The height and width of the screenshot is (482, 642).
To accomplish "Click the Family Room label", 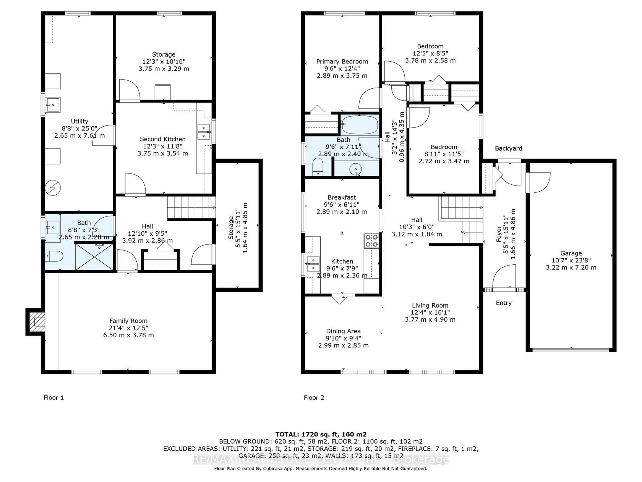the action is [x=128, y=321].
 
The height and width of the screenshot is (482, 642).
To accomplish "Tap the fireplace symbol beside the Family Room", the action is [x=36, y=322].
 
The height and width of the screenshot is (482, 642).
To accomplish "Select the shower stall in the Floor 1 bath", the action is [x=94, y=257].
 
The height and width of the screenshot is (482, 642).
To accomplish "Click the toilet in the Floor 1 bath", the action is [x=54, y=256].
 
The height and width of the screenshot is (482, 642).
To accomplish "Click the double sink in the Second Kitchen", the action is [x=204, y=132].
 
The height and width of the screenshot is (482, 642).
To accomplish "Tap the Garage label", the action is [x=571, y=254].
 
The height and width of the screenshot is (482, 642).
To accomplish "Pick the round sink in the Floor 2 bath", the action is [x=356, y=169].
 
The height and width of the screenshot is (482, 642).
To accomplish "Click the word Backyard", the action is [x=508, y=148].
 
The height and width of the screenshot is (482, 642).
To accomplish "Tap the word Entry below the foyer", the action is [x=504, y=303].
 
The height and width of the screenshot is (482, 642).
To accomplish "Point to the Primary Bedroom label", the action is [x=342, y=62].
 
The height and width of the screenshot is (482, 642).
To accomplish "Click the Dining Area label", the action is [x=344, y=331].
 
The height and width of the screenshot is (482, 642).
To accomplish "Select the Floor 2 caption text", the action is [x=314, y=397].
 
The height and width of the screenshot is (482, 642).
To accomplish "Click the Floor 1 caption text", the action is [x=53, y=397].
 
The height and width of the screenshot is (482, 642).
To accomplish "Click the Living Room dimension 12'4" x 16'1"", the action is [x=430, y=313].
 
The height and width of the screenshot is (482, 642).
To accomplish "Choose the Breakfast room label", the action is [x=342, y=197].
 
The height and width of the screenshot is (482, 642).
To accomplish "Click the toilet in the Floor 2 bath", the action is [x=317, y=167].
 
